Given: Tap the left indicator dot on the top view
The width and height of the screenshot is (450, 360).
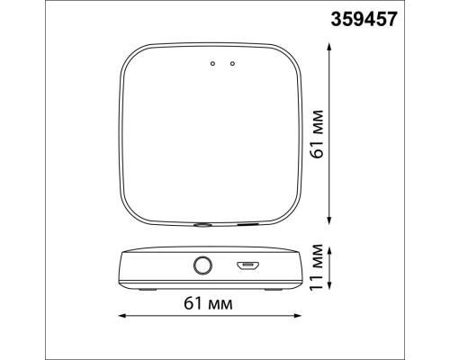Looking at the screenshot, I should coord(212,63).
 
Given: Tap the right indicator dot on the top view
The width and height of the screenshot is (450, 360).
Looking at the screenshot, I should coord(232,63).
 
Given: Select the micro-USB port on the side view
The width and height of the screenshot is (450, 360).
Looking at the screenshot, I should coord(247,265).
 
